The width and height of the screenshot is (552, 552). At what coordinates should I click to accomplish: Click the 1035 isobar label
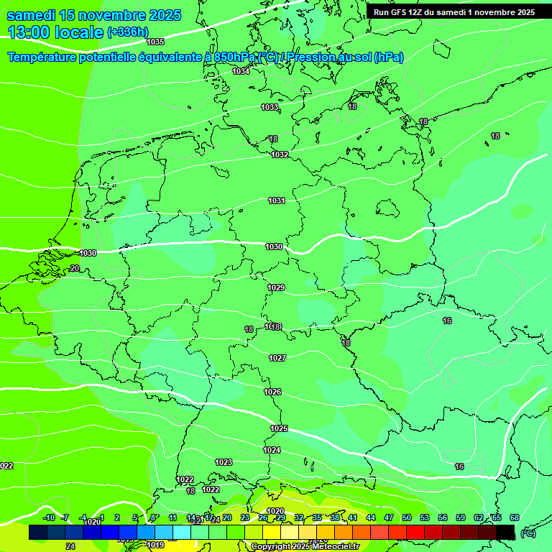point(155,42)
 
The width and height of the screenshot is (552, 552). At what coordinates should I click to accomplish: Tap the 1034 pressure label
point(241,71)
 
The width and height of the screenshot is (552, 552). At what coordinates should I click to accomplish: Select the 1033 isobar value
point(270,107)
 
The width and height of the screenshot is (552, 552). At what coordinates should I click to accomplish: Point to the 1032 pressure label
point(280,155)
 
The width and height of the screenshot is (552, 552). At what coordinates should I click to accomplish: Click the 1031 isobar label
point(277,201)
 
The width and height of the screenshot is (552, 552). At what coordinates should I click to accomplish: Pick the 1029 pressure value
point(276,287)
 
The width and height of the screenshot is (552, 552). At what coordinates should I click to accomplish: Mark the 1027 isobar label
point(277,358)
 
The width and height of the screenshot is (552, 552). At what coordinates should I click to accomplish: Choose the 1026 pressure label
point(272,392)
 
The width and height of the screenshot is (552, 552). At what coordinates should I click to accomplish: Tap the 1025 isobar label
point(279,428)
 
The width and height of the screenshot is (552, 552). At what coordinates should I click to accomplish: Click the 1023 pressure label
point(224,462)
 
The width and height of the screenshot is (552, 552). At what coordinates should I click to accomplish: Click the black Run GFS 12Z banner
point(454,12)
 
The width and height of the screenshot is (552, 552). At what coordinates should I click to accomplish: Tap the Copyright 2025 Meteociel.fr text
point(305,547)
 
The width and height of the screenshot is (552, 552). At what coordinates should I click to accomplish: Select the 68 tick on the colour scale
point(515,517)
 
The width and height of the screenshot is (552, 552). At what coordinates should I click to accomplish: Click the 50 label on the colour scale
point(407,517)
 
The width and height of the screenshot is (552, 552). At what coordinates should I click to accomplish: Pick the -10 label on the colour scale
point(49,517)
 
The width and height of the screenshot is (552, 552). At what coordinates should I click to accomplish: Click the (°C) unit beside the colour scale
point(528,533)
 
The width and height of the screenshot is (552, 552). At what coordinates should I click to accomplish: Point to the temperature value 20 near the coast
point(75,268)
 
